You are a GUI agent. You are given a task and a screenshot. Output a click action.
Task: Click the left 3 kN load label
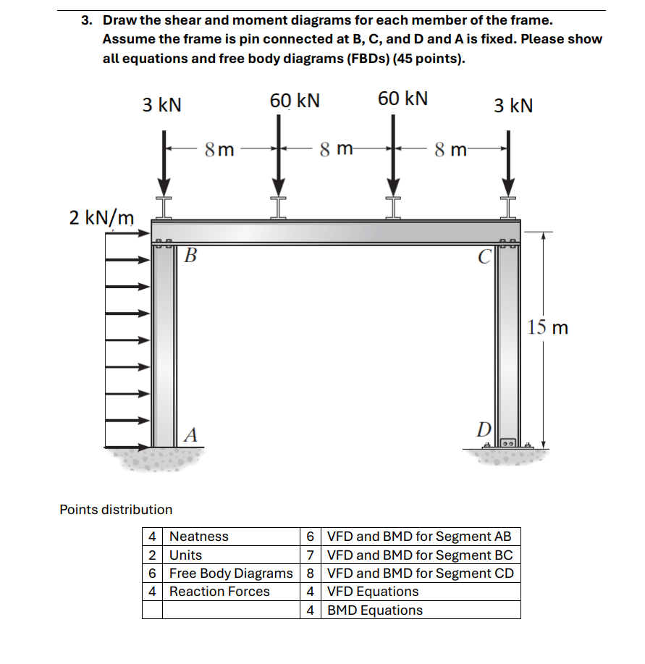[161, 106]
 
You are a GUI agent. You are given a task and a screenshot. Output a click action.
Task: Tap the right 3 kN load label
[513, 106]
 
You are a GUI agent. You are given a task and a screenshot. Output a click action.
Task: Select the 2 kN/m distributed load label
[101, 217]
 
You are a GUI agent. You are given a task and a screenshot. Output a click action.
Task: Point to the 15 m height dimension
[548, 327]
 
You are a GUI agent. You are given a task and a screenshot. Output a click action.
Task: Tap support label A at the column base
[190, 434]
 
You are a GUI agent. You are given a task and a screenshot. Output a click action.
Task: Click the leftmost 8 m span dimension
[219, 150]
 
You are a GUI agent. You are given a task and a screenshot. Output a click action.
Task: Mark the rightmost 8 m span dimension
[450, 150]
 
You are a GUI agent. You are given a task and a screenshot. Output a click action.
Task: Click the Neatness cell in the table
[199, 537]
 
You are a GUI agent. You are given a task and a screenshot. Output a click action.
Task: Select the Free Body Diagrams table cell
[231, 573]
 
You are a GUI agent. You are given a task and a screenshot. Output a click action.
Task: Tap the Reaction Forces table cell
[219, 592]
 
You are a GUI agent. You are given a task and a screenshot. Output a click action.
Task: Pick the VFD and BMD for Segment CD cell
[421, 573]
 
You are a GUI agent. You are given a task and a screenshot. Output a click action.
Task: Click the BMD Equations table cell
[375, 610]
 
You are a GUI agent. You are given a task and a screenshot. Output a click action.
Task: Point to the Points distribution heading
[116, 510]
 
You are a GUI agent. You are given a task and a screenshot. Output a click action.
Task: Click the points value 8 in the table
[311, 573]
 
